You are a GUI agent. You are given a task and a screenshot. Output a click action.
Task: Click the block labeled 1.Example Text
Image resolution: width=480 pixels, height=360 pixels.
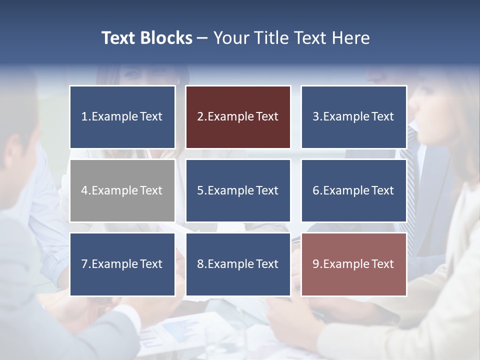[122, 117]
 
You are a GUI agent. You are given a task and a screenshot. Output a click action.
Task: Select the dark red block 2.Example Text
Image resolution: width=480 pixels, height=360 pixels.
[238, 117]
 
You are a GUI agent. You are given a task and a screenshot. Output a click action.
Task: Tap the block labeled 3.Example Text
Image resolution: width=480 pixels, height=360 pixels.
[354, 117]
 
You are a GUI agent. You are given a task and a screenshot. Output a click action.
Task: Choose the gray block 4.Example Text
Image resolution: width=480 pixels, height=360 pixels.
[122, 190]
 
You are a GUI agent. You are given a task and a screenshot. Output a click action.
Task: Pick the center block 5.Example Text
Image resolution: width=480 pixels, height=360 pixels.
[238, 190]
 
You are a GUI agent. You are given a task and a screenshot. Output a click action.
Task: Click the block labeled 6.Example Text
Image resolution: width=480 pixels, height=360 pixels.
[354, 190]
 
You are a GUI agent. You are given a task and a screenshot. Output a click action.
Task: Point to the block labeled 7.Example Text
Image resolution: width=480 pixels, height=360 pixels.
[122, 264]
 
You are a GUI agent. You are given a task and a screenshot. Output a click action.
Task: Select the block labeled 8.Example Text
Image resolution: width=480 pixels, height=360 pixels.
[238, 264]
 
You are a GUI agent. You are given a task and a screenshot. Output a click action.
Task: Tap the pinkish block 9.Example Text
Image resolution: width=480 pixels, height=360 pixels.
[354, 264]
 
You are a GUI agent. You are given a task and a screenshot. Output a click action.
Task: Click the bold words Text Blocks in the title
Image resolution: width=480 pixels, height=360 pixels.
[146, 38]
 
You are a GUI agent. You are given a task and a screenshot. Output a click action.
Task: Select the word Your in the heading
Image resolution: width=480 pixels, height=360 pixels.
[230, 38]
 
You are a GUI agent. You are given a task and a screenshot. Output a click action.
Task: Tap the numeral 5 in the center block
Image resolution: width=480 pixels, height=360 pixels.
[200, 190]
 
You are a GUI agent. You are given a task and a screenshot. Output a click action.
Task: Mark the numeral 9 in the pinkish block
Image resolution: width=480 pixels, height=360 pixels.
[315, 264]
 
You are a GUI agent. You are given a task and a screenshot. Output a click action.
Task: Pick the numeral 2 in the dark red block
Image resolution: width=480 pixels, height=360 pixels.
[200, 117]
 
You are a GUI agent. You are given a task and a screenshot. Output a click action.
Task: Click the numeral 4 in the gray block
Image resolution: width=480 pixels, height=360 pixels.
[84, 190]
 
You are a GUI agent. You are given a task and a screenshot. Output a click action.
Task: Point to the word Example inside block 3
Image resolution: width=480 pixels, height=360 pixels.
[346, 117]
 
